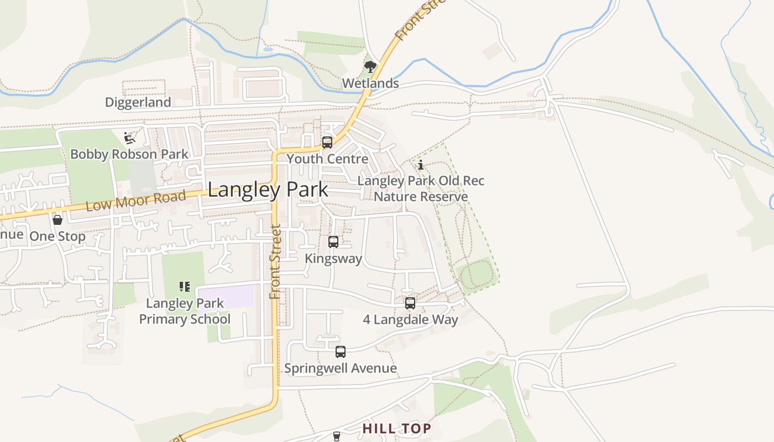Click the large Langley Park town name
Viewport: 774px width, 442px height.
[268, 190]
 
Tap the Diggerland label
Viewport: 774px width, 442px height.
[138, 102]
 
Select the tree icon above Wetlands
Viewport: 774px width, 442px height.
[370, 67]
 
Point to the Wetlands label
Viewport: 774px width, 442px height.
[370, 83]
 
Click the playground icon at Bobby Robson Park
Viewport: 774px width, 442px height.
[129, 138]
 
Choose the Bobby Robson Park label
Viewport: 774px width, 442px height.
[129, 154]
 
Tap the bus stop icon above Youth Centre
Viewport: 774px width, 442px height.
[327, 143]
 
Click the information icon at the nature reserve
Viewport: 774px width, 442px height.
[421, 165]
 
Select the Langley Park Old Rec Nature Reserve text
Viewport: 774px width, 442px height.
[421, 188]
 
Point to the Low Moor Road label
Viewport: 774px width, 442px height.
[136, 201]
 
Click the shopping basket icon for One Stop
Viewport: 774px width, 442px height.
[57, 220]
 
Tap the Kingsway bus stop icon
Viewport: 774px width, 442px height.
[333, 242]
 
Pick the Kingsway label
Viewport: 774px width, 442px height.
[333, 259]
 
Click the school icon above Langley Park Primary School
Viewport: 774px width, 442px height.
[185, 286]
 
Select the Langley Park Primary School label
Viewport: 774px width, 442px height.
[185, 311]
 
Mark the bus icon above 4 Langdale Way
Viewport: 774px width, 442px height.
[410, 303]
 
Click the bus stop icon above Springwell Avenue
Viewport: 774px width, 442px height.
[341, 352]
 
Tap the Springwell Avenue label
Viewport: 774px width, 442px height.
[341, 369]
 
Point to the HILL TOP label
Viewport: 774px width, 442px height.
[396, 428]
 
